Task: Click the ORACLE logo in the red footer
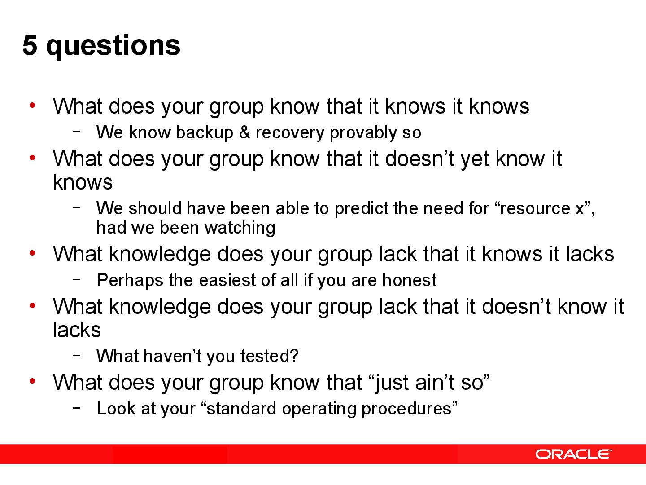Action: (573, 454)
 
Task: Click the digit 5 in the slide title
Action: (30, 45)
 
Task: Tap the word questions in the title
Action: (113, 47)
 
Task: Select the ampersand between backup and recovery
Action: (244, 132)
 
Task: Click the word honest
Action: (409, 280)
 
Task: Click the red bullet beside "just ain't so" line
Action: (32, 381)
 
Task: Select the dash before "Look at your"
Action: (77, 407)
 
